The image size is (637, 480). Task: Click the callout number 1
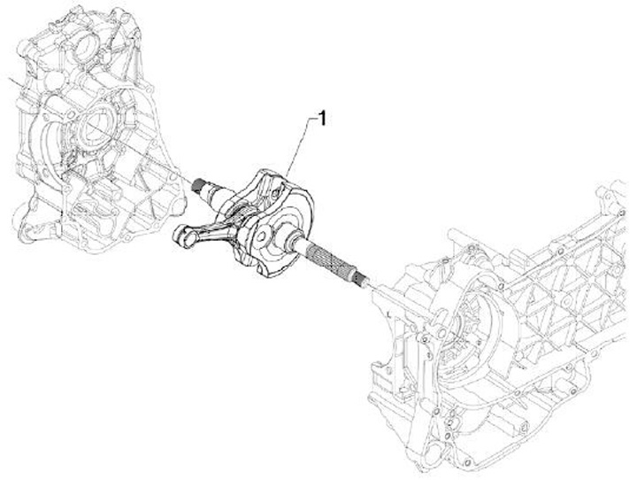tap(322, 119)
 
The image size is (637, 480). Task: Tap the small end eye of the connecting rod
tap(184, 236)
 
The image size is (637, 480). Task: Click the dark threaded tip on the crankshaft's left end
tap(198, 184)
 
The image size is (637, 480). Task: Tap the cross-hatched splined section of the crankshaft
tap(328, 259)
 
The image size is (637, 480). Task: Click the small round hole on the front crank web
tap(262, 236)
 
